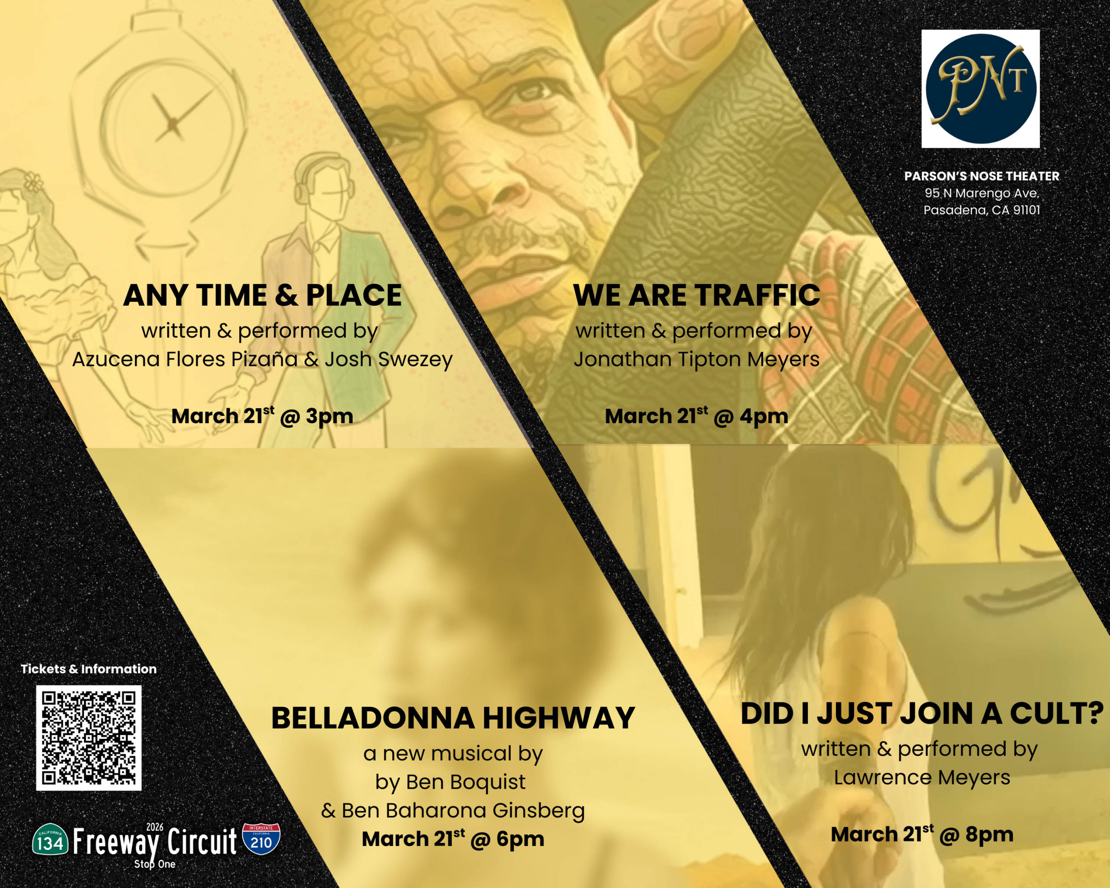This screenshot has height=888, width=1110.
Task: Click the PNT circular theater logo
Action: tap(980, 88)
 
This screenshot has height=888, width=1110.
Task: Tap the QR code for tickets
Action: tap(88, 738)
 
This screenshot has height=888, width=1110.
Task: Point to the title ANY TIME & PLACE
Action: tap(262, 295)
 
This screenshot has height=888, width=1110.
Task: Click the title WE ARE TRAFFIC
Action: tap(697, 295)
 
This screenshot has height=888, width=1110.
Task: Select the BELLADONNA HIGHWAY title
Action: tap(453, 718)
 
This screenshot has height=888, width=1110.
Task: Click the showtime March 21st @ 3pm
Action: tap(262, 416)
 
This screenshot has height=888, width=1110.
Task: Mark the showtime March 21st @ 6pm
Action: tap(453, 839)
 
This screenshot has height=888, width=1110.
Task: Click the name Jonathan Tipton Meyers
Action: tap(697, 359)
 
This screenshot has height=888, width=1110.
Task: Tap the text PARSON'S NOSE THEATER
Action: tap(982, 176)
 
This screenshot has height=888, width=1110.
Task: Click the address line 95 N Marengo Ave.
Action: tap(982, 193)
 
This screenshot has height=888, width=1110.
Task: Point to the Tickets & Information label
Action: tap(88, 669)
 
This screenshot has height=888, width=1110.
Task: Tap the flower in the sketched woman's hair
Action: tap(33, 182)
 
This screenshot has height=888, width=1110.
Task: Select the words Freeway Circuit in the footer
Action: tap(155, 841)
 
